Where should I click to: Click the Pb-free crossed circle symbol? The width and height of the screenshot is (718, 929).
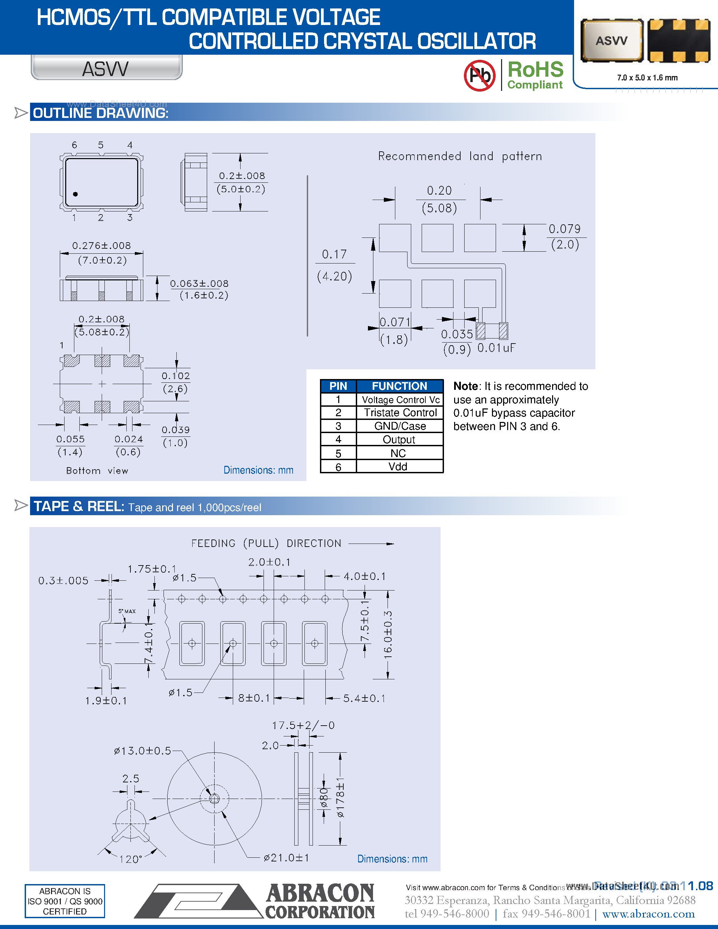[x=479, y=76]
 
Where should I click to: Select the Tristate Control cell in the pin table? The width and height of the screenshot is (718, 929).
[x=400, y=412]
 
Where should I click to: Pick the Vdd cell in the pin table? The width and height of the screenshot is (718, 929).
[x=398, y=467]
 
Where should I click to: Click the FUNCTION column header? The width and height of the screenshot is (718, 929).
[x=399, y=386]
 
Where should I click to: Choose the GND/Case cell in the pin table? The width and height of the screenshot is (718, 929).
[x=400, y=426]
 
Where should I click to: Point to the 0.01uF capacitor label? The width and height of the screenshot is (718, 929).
[x=496, y=348]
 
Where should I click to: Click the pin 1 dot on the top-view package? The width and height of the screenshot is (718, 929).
[x=75, y=194]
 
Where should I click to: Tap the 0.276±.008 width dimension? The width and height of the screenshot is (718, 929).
[x=101, y=246]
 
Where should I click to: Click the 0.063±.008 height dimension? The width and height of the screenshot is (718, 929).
[x=199, y=283]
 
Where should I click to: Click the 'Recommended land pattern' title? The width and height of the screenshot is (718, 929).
[x=460, y=156]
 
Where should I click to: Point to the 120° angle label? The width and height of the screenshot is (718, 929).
[x=130, y=859]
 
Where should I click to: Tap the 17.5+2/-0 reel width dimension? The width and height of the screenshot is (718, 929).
[x=303, y=725]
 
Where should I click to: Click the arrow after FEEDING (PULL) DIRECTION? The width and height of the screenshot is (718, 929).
[x=371, y=544]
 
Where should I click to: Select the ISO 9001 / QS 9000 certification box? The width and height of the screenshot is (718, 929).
[x=65, y=901]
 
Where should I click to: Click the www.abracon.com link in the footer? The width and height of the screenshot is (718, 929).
[x=648, y=914]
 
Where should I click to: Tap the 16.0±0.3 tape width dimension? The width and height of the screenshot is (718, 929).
[x=388, y=635]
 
